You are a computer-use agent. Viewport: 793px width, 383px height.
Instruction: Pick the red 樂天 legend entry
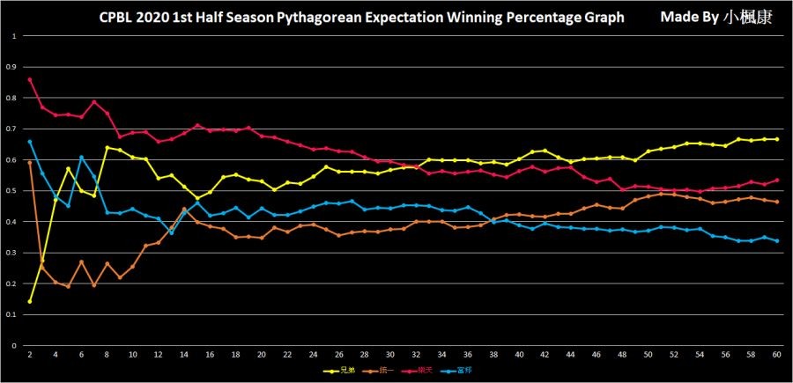(x=419, y=371)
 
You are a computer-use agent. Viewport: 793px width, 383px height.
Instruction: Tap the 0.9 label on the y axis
(x=12, y=67)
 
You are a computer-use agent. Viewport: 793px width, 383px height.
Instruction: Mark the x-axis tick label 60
(x=776, y=354)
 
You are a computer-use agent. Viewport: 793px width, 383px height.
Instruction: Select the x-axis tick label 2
(x=30, y=354)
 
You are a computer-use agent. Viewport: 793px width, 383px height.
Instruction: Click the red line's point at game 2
(x=30, y=80)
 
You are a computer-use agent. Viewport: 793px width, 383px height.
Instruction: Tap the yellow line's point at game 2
(x=30, y=301)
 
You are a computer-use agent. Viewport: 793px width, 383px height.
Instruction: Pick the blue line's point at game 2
(x=30, y=142)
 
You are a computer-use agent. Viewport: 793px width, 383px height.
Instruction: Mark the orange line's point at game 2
(x=30, y=163)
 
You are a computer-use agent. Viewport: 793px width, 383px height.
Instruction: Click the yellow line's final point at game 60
(x=776, y=139)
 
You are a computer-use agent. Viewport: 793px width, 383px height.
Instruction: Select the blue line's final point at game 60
(x=776, y=240)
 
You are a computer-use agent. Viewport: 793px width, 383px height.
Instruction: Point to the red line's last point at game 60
(x=776, y=180)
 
